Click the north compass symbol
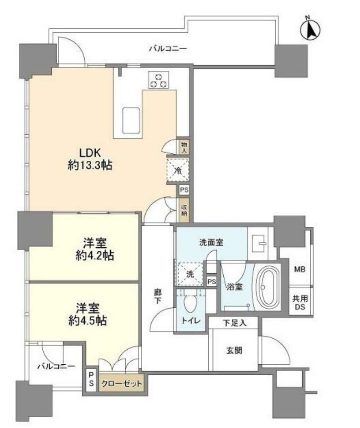[310, 30]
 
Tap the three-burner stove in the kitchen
[159, 80]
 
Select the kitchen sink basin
[131, 120]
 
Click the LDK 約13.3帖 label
[90, 159]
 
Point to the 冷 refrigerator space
[178, 170]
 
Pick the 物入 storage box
[184, 147]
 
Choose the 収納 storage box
[184, 209]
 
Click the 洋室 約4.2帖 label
[95, 249]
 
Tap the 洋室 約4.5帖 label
[87, 315]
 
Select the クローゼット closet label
[122, 383]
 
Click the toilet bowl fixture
[190, 304]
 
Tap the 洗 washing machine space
[190, 274]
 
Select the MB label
[300, 269]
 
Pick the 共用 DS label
[300, 302]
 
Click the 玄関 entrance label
[234, 351]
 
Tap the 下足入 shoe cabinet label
[235, 323]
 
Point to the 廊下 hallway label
[158, 297]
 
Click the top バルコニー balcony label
[168, 49]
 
